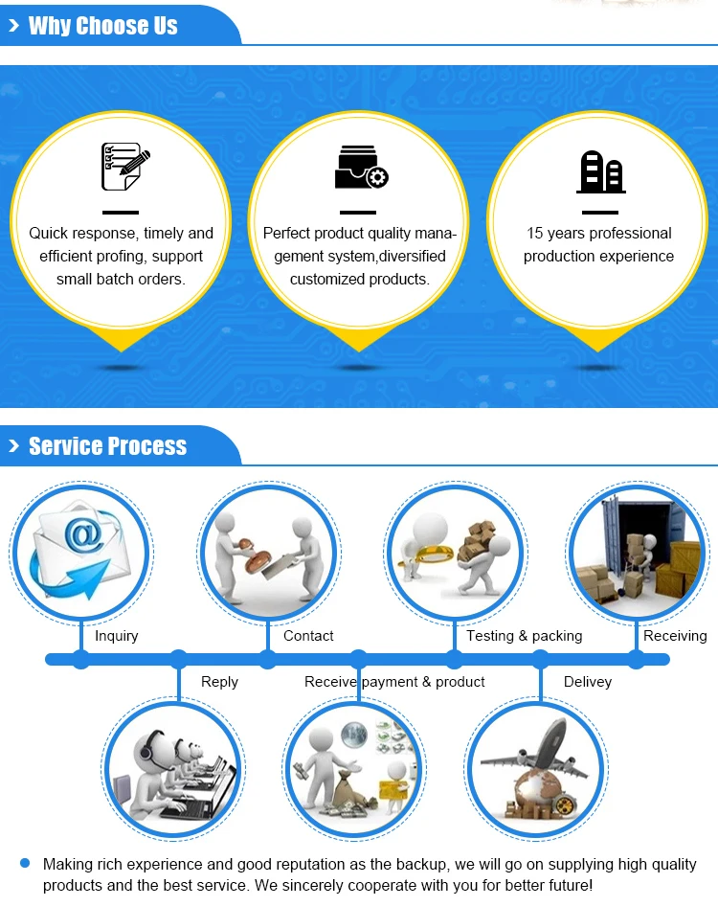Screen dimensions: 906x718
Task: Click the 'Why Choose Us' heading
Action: tap(102, 26)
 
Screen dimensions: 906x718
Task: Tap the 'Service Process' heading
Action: tap(107, 446)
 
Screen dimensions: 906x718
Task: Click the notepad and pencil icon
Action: tap(125, 167)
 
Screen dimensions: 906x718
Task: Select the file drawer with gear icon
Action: tap(361, 168)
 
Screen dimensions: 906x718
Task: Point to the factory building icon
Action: tap(600, 171)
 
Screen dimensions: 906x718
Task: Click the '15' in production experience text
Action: tap(534, 233)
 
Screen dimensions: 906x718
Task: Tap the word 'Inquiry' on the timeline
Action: tap(117, 636)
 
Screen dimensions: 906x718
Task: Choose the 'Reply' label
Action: tap(219, 682)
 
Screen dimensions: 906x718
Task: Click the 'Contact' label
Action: tap(308, 636)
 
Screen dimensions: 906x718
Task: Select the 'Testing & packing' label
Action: tap(524, 636)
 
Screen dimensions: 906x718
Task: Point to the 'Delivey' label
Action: tap(587, 682)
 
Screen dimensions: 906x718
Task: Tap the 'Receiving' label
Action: tap(675, 636)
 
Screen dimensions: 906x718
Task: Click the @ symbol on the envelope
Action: tap(83, 537)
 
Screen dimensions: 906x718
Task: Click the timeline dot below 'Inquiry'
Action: tap(81, 659)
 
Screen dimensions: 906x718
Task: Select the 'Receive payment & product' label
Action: tap(394, 682)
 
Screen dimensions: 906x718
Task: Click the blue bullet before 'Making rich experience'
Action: tap(26, 863)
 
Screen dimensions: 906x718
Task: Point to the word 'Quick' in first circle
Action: tap(49, 233)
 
